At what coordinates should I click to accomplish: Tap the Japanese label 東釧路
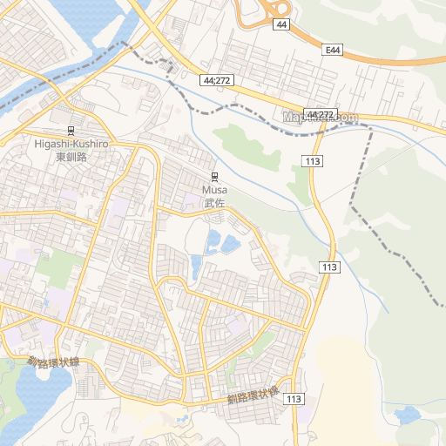72,157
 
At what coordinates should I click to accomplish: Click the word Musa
214,189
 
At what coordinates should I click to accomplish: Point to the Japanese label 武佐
214,203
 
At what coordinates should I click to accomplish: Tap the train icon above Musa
214,175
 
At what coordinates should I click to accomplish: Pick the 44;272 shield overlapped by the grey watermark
321,115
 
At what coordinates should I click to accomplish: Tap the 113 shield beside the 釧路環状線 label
294,399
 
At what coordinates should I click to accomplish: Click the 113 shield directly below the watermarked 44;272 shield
314,161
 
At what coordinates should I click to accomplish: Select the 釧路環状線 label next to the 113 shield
253,397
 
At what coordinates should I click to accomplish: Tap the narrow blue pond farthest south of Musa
196,266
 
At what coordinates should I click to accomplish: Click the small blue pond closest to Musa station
213,238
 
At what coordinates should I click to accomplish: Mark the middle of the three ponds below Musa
230,245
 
